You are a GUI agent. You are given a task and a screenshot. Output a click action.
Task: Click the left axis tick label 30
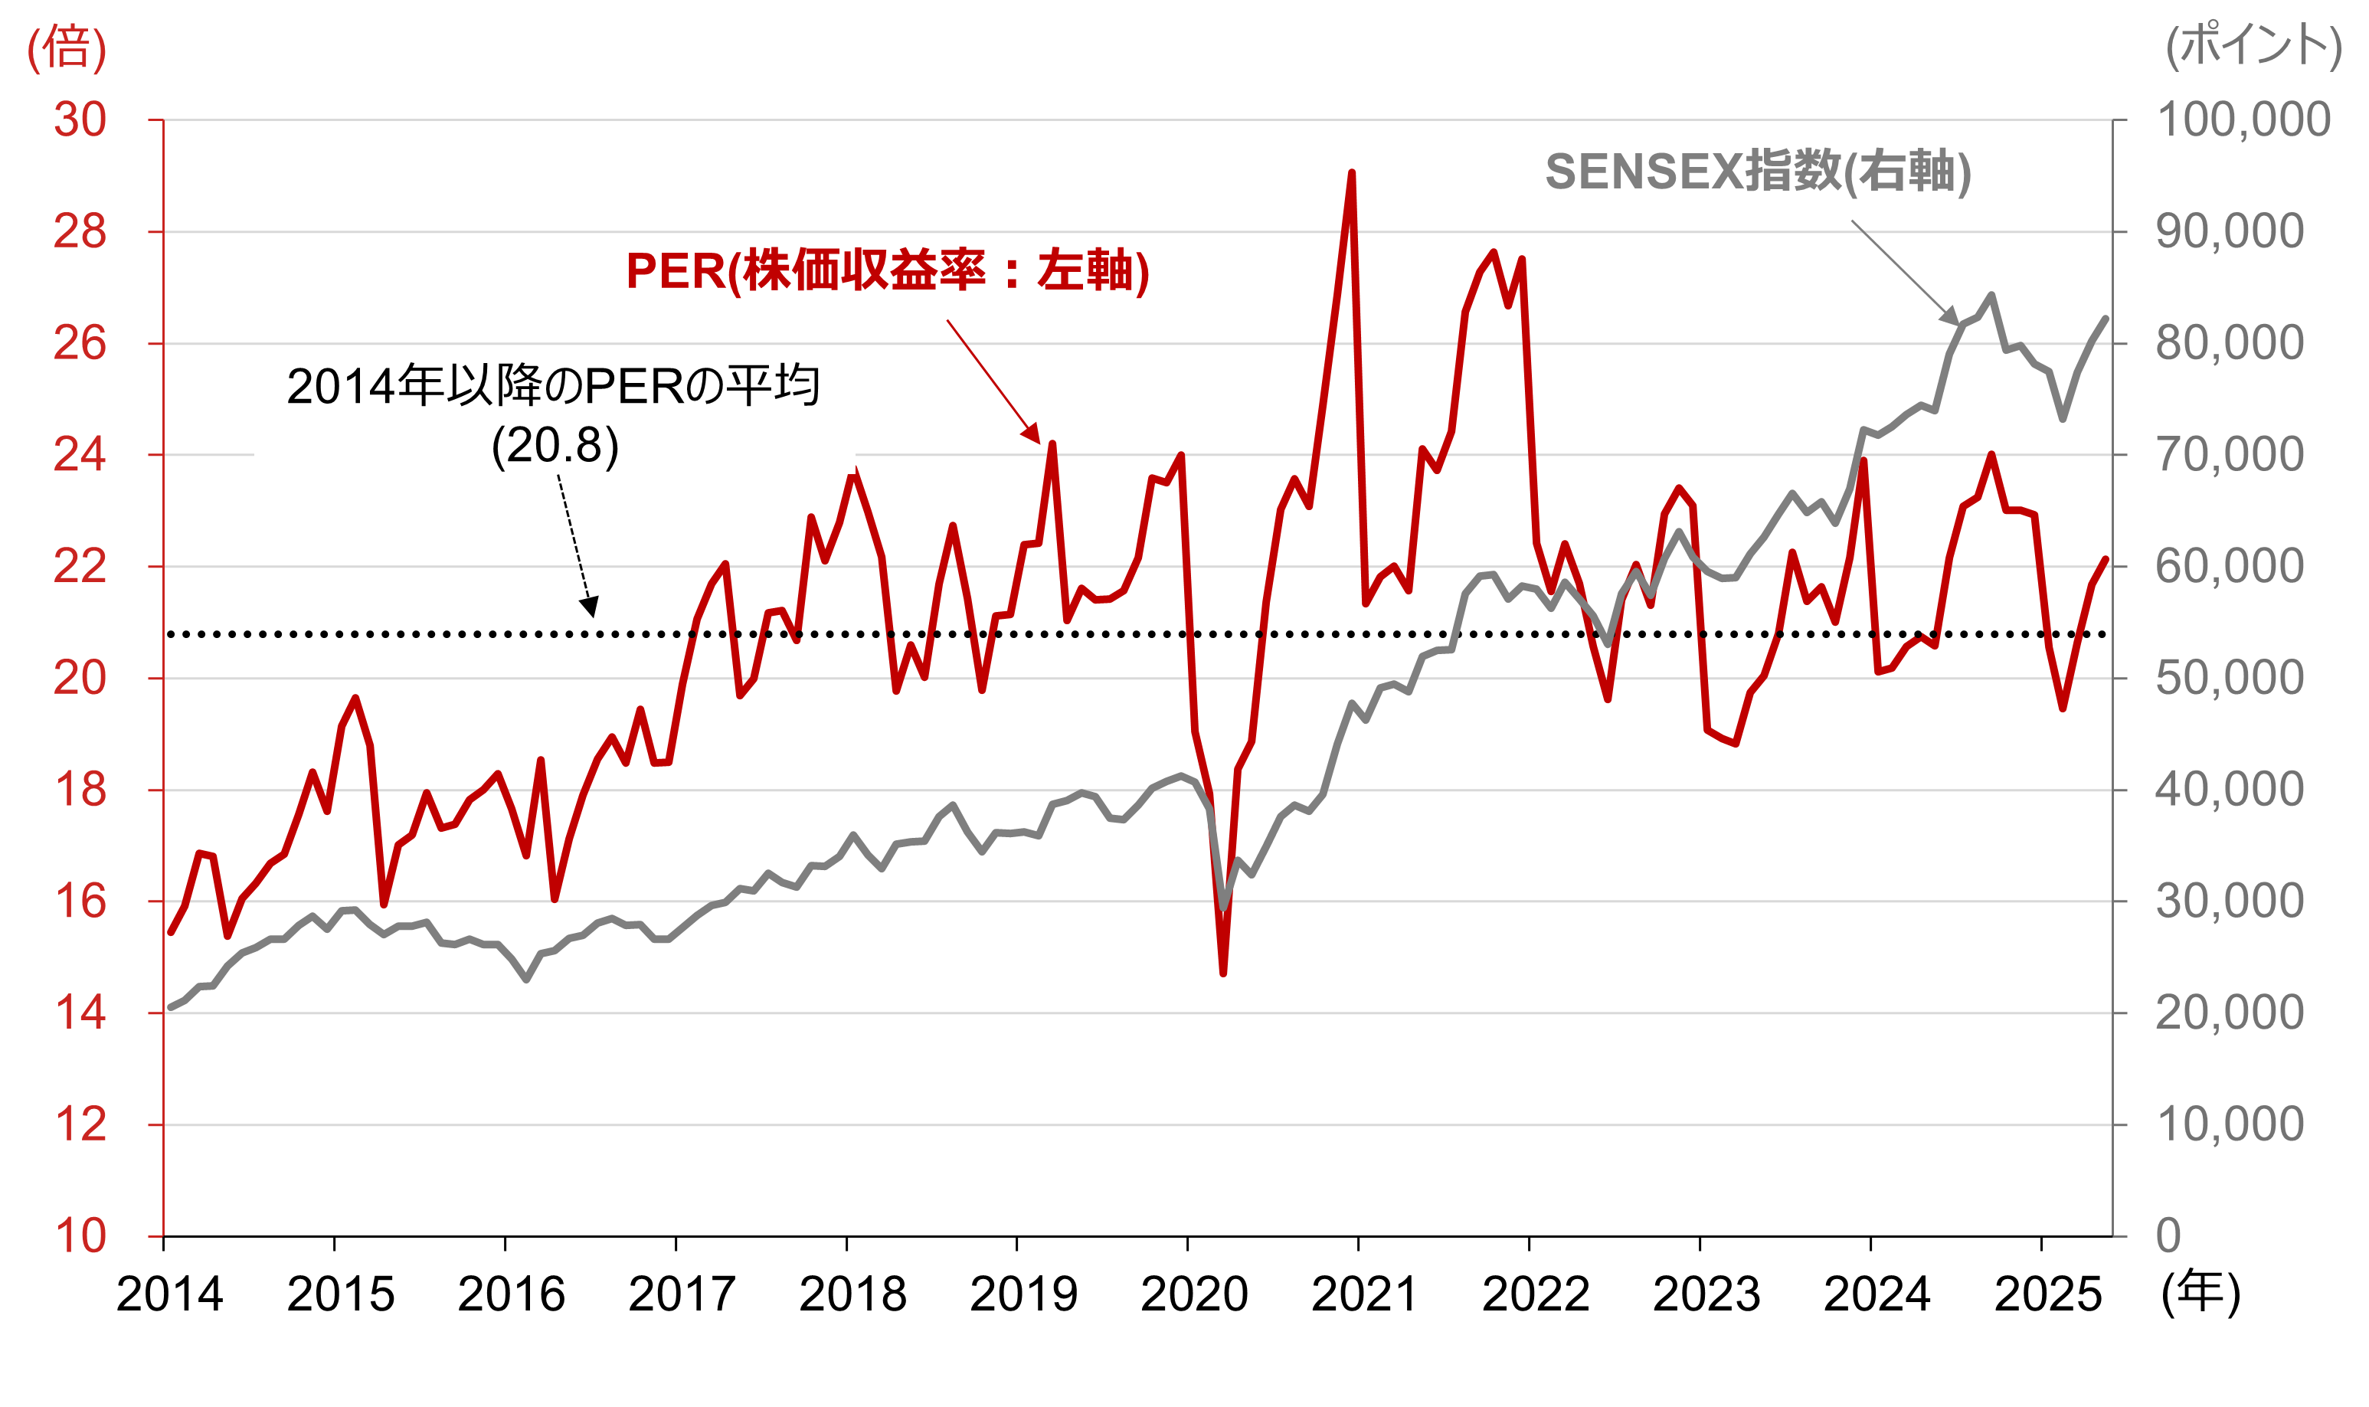(x=80, y=120)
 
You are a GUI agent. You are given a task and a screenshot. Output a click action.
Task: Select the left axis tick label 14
(x=80, y=1013)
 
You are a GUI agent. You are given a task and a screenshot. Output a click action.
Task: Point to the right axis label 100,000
(x=2243, y=120)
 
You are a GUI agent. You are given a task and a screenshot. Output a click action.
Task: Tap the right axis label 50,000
(x=2230, y=678)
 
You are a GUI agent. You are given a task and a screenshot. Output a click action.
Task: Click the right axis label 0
(x=2169, y=1236)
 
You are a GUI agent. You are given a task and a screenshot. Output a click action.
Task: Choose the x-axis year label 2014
(x=170, y=1295)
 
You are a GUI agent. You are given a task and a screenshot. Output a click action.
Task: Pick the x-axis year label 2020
(x=1193, y=1295)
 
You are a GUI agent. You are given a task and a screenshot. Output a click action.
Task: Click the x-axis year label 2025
(x=2047, y=1295)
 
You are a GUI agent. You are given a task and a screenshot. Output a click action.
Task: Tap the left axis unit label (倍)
(x=67, y=47)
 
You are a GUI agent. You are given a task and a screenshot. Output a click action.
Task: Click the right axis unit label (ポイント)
(x=2253, y=45)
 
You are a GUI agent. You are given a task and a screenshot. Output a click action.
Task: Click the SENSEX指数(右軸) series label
(x=1759, y=172)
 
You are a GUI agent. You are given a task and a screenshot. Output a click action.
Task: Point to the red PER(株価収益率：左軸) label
(x=887, y=271)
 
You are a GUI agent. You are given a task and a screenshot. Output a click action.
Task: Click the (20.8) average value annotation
(x=555, y=446)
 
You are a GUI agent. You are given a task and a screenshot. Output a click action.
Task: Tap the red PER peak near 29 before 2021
(x=1351, y=174)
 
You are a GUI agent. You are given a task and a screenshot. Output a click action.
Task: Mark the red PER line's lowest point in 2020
(x=1223, y=973)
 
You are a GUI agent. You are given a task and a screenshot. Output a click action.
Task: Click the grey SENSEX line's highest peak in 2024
(x=1991, y=296)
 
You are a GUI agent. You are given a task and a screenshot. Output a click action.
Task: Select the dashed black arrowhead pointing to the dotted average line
(x=590, y=607)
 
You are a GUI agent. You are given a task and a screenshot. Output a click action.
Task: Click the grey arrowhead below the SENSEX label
(x=1949, y=316)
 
